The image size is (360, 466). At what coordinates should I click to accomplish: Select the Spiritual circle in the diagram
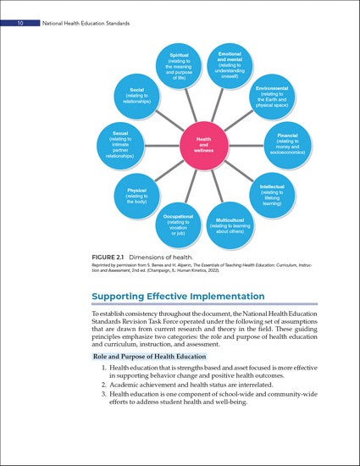tap(179, 66)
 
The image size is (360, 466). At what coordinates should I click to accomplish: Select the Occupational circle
tap(178, 227)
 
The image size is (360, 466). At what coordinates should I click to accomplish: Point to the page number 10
tap(19, 10)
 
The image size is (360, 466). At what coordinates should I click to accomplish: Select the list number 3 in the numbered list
tap(103, 393)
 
